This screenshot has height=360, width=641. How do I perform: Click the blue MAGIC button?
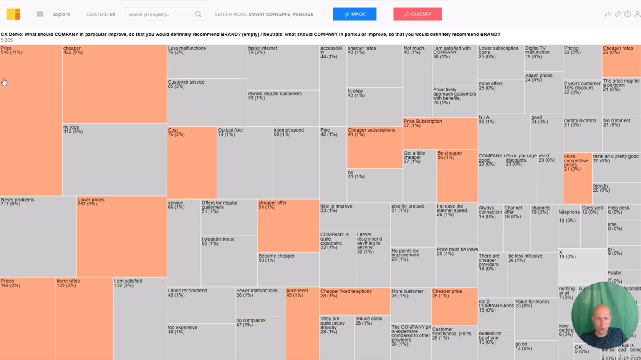pos(354,14)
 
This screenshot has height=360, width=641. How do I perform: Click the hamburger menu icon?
pos(40,14)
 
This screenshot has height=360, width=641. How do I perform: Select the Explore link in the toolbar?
pos(61,14)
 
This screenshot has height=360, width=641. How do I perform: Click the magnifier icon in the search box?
pos(198,14)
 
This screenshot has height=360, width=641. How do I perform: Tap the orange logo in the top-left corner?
pos(13,14)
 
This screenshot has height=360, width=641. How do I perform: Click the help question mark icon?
pos(627,14)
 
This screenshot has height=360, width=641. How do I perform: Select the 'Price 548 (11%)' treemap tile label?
pos(11,51)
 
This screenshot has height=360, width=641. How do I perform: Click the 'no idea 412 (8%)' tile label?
pos(73,129)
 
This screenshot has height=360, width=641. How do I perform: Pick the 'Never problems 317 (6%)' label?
pos(18,202)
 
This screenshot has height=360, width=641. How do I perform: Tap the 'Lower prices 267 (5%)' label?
pos(91,202)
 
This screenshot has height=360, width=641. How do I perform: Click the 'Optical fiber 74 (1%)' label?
pos(230,132)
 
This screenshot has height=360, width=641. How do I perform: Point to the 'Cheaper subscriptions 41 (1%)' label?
pos(371,132)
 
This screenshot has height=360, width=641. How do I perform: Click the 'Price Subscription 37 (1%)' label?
pos(422,123)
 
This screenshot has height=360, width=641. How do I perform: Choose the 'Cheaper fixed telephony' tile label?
pos(346,293)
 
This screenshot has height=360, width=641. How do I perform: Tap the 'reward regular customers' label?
pos(275,96)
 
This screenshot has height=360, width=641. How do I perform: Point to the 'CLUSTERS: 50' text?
pos(101,14)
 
